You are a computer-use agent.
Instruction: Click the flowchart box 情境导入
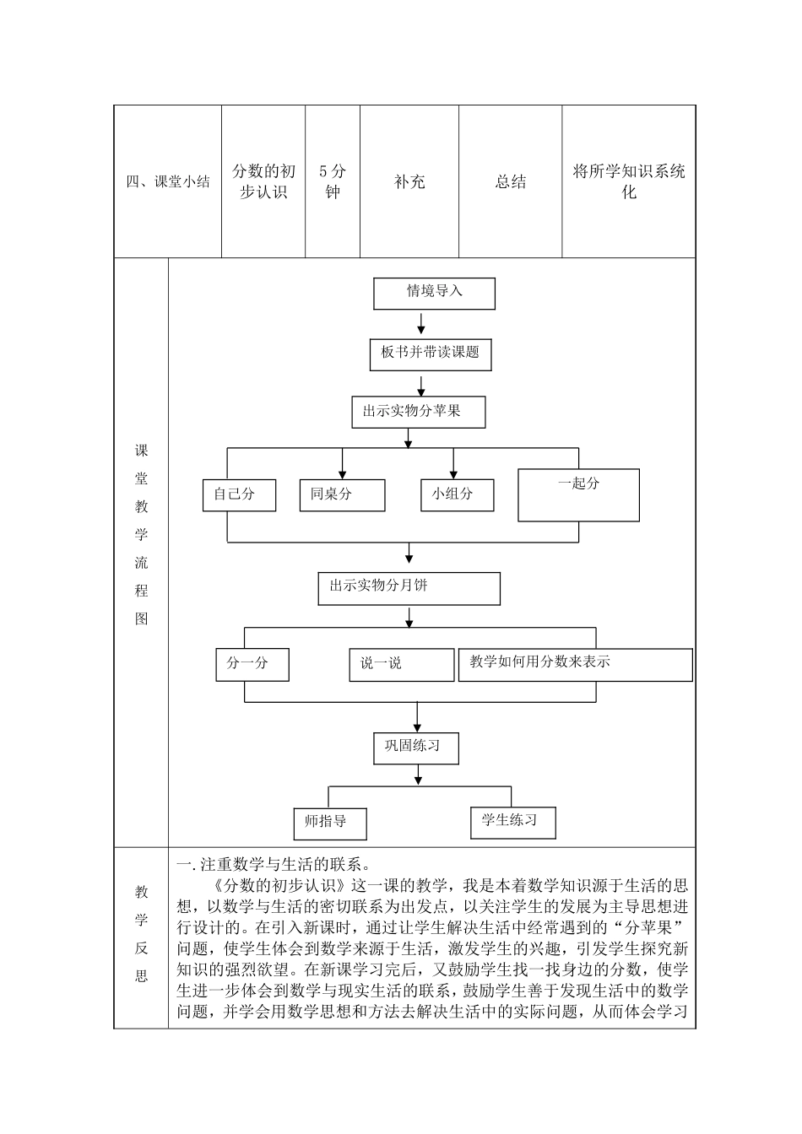pos(434,294)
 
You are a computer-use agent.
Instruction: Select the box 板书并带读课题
pos(431,354)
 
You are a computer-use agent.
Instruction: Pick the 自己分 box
pos(239,495)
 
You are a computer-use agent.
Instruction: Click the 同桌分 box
pos(342,495)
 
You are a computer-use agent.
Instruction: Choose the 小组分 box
pos(457,495)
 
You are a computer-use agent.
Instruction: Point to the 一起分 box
pos(578,494)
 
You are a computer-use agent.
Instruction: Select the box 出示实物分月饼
pos(409,588)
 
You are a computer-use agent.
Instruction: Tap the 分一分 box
pos(252,664)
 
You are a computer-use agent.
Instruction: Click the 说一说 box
pos(401,665)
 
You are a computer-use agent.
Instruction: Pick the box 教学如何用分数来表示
pos(575,664)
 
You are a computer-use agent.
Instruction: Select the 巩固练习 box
pos(416,748)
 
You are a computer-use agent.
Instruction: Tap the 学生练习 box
pos(512,822)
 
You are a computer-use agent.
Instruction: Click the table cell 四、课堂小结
pos(168,182)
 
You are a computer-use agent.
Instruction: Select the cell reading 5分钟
pos(333,182)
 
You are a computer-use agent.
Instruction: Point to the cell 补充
pos(409,182)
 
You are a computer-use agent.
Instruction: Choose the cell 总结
pos(511,182)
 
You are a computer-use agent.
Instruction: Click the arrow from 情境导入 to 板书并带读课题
pos(421,324)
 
